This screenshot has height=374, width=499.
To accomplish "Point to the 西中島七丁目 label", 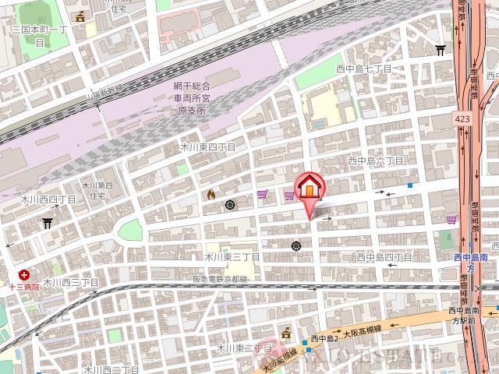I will coord(363,69).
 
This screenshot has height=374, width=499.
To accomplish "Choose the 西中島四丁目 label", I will coord(384,256).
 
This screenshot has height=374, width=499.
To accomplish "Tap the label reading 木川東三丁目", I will coord(232,256).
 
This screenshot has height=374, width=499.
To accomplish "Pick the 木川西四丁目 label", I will coord(48,199).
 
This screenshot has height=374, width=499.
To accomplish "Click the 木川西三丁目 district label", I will coord(70,282).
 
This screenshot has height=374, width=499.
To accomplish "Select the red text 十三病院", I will coord(25,287).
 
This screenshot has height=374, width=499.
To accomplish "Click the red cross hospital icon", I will coord(25,274).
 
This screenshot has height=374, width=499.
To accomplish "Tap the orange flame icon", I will coord(211,194).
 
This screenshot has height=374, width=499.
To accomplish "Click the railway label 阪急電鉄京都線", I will coord(220,278).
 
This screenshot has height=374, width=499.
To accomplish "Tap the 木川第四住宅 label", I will coord(98,190).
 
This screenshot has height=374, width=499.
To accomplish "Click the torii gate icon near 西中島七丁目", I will coord(441,50).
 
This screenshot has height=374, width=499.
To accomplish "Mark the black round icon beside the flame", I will coord(230,205).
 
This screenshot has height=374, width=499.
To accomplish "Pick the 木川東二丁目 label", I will coord(242,348).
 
